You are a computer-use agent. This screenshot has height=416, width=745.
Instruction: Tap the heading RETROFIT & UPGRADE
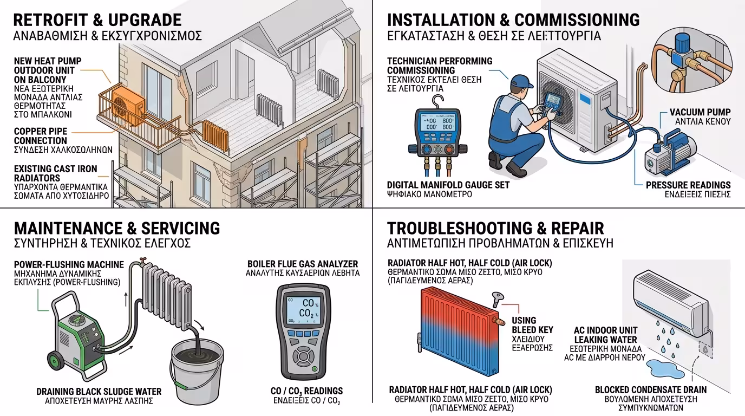click(x=97, y=21)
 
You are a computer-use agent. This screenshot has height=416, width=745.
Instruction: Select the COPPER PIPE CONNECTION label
click(x=41, y=136)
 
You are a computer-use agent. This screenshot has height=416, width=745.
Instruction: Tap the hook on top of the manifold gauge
click(x=434, y=101)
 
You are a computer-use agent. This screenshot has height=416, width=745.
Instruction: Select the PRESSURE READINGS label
click(x=688, y=185)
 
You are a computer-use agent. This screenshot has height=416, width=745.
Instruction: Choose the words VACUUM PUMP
click(x=700, y=112)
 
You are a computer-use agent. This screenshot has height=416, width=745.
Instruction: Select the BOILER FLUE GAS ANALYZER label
click(x=303, y=264)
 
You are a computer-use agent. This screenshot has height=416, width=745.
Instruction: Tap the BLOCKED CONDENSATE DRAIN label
click(x=650, y=389)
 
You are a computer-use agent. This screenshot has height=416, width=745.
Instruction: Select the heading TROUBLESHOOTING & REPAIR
click(x=495, y=228)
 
